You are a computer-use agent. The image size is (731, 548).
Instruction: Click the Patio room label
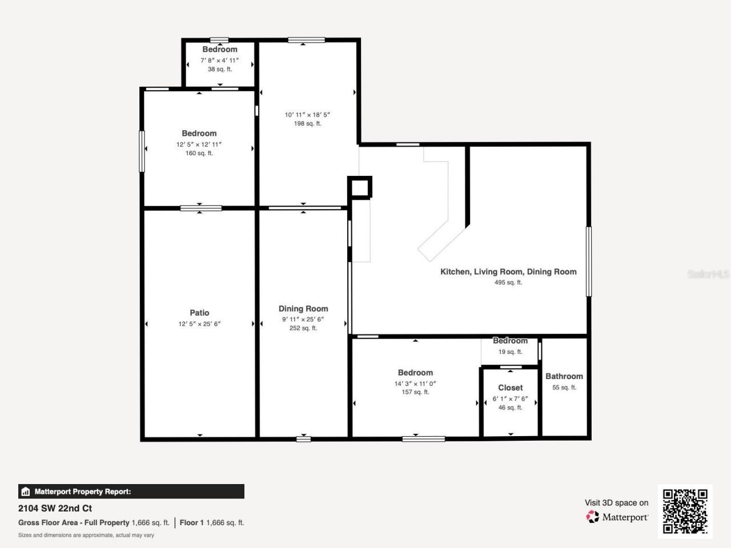[199, 313]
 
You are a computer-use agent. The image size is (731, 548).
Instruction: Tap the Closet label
[510, 388]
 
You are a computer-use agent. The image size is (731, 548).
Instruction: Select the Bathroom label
[564, 376]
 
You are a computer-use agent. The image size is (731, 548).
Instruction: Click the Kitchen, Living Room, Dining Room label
[508, 272]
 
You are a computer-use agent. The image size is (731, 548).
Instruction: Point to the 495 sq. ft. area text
[508, 283]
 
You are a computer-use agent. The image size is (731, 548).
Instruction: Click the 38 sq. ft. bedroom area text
[219, 69]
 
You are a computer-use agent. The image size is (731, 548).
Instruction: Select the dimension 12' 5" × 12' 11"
[199, 144]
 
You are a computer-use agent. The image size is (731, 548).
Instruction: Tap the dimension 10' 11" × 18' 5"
[307, 115]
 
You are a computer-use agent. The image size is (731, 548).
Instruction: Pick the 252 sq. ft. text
[303, 328]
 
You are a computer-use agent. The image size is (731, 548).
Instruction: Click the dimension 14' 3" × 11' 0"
[415, 384]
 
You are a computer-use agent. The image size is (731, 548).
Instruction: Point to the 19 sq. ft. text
[510, 352]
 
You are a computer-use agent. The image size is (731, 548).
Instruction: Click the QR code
[685, 511]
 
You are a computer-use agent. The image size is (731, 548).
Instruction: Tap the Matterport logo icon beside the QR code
[593, 517]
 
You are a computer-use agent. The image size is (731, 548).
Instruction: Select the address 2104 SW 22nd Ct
[55, 508]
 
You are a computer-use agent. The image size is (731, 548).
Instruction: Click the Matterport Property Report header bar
[131, 491]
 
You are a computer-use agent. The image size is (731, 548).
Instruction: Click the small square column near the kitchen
[360, 187]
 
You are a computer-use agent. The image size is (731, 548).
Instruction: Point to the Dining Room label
[303, 309]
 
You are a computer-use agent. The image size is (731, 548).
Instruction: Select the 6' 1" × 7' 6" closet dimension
[510, 399]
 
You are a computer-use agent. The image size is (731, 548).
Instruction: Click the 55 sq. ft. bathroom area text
[564, 388]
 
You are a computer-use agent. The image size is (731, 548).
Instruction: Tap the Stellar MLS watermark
[708, 275]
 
